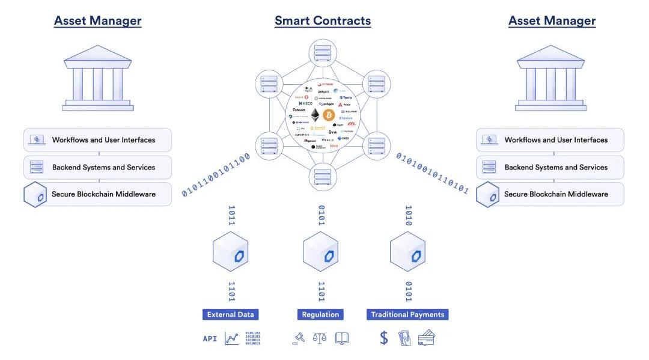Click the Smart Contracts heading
pos(323,21)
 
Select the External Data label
pos(231,314)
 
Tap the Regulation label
pos(320,314)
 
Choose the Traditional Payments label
pos(407,314)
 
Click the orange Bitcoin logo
pos(329,115)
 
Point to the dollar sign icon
pos(384,338)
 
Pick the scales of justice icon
pos(318,338)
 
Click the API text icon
pos(210,339)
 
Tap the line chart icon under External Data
pos(231,338)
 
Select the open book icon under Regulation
pos(342,338)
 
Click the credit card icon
pos(427,338)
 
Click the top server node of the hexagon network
pos(322,53)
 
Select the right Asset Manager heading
pos(552,21)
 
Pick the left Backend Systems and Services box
pos(97,168)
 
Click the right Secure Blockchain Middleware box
pos(550,195)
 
